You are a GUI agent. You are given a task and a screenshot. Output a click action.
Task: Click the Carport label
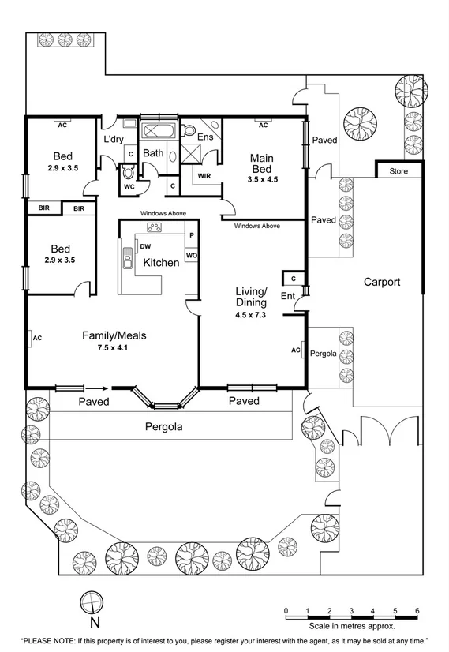pyautogui.click(x=382, y=282)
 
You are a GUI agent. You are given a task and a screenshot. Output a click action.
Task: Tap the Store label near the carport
pyautogui.click(x=398, y=171)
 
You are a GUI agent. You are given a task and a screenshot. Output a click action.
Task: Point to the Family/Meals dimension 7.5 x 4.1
pyautogui.click(x=115, y=347)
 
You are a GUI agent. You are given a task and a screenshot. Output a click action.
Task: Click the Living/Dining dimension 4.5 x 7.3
pyautogui.click(x=251, y=313)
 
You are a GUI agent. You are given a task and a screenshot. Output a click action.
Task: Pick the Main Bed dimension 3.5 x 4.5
pyautogui.click(x=263, y=180)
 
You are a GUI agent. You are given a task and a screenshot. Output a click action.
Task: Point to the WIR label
pyautogui.click(x=204, y=176)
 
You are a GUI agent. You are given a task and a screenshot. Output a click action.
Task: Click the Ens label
pyautogui.click(x=205, y=137)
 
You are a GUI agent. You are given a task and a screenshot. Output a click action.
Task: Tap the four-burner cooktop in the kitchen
pyautogui.click(x=155, y=228)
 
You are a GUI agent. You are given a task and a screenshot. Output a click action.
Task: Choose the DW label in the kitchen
pyautogui.click(x=145, y=246)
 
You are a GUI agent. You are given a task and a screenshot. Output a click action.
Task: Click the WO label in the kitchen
pyautogui.click(x=191, y=255)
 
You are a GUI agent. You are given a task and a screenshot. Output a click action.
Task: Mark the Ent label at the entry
pyautogui.click(x=288, y=296)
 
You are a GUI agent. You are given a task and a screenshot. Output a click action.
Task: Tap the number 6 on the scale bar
pyautogui.click(x=417, y=610)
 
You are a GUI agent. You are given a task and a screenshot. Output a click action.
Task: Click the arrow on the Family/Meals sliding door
pyautogui.click(x=98, y=388)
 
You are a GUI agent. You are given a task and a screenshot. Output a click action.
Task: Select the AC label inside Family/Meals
pyautogui.click(x=36, y=338)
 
